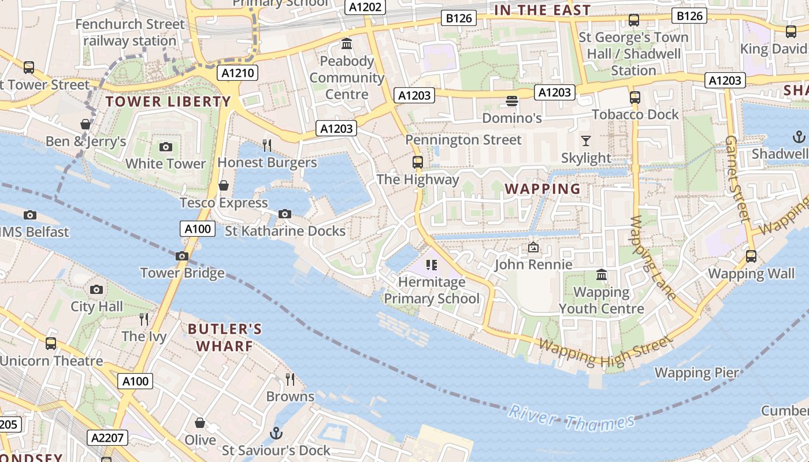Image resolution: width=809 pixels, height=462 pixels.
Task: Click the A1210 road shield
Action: [237, 73]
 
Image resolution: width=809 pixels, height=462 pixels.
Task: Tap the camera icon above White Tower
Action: [166, 147]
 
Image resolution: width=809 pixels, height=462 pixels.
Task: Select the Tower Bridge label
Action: [182, 273]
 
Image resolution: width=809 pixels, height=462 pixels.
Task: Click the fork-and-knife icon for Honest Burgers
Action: [267, 145]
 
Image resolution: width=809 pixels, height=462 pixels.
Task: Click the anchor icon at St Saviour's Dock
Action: [277, 433]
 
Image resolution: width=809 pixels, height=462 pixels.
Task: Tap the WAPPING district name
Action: [543, 189]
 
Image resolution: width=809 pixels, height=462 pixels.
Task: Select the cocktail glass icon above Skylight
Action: [586, 140]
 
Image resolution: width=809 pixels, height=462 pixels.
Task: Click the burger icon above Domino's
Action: [511, 101]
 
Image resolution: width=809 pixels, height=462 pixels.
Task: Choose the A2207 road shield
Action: [108, 438]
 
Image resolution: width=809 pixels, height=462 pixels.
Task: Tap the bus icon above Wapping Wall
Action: [751, 256]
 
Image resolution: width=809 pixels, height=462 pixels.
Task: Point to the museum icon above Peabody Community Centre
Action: [347, 43]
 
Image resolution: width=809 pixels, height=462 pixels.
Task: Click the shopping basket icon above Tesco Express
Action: [224, 185]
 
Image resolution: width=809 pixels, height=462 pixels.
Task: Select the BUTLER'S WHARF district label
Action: [225, 338]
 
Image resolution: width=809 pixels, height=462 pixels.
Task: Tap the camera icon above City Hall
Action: [97, 289]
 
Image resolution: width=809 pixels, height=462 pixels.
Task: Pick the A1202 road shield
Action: [366, 7]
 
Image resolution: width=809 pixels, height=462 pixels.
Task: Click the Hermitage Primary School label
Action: [432, 290]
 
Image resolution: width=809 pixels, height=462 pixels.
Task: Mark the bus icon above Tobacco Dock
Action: [635, 96]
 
